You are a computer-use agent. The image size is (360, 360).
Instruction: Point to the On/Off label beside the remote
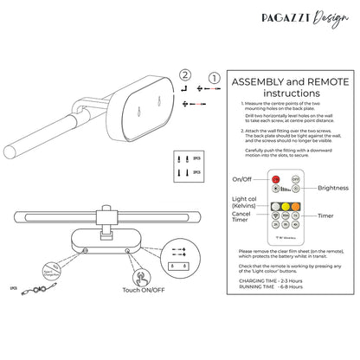(244, 179)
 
